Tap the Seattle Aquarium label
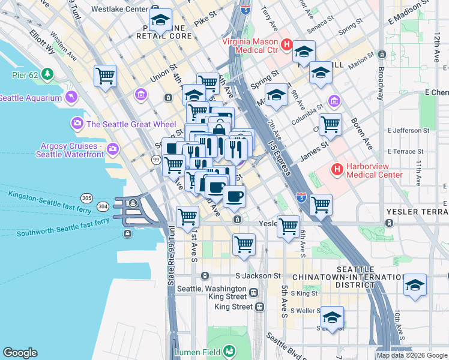tap(31, 98)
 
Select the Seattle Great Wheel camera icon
tap(77, 124)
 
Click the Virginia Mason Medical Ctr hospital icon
tap(287, 45)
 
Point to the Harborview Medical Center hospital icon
tap(337, 170)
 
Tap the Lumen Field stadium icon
tap(229, 351)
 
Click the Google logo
tap(20, 353)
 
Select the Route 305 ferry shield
tap(87, 199)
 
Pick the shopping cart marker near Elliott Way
tap(105, 76)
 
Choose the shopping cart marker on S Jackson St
tap(244, 244)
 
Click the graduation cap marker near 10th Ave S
tap(415, 284)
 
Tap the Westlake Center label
tap(120, 10)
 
